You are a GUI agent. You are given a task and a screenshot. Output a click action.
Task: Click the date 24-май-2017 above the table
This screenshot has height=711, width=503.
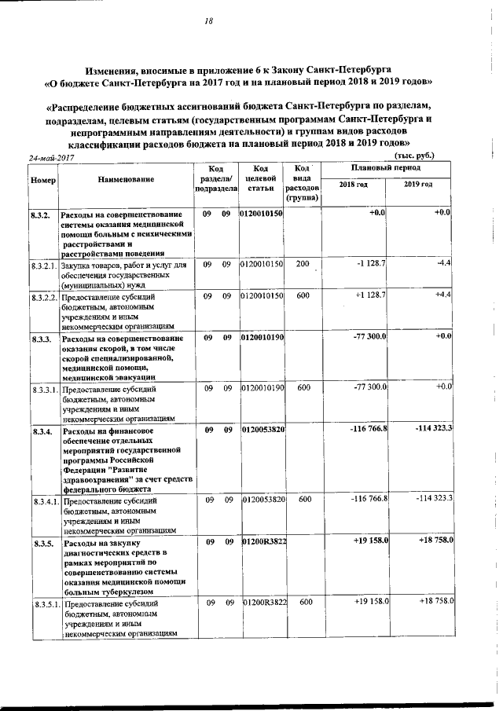point(51,158)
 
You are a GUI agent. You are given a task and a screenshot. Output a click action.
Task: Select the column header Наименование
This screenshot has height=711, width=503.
point(127,180)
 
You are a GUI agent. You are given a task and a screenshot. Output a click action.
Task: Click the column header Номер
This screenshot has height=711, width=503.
point(42,180)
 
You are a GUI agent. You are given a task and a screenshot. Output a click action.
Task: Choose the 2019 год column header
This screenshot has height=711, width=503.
point(417,184)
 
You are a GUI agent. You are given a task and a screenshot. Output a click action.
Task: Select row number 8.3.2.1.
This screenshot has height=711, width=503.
point(44,266)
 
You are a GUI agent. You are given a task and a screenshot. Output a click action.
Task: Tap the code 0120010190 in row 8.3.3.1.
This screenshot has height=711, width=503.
point(262,388)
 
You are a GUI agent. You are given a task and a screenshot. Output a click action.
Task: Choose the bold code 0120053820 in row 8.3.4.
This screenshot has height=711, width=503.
point(262,431)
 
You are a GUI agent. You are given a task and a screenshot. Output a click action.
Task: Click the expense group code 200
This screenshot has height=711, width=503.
point(302,265)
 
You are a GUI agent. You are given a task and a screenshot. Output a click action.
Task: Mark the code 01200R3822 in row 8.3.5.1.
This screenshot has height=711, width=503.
point(263,603)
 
